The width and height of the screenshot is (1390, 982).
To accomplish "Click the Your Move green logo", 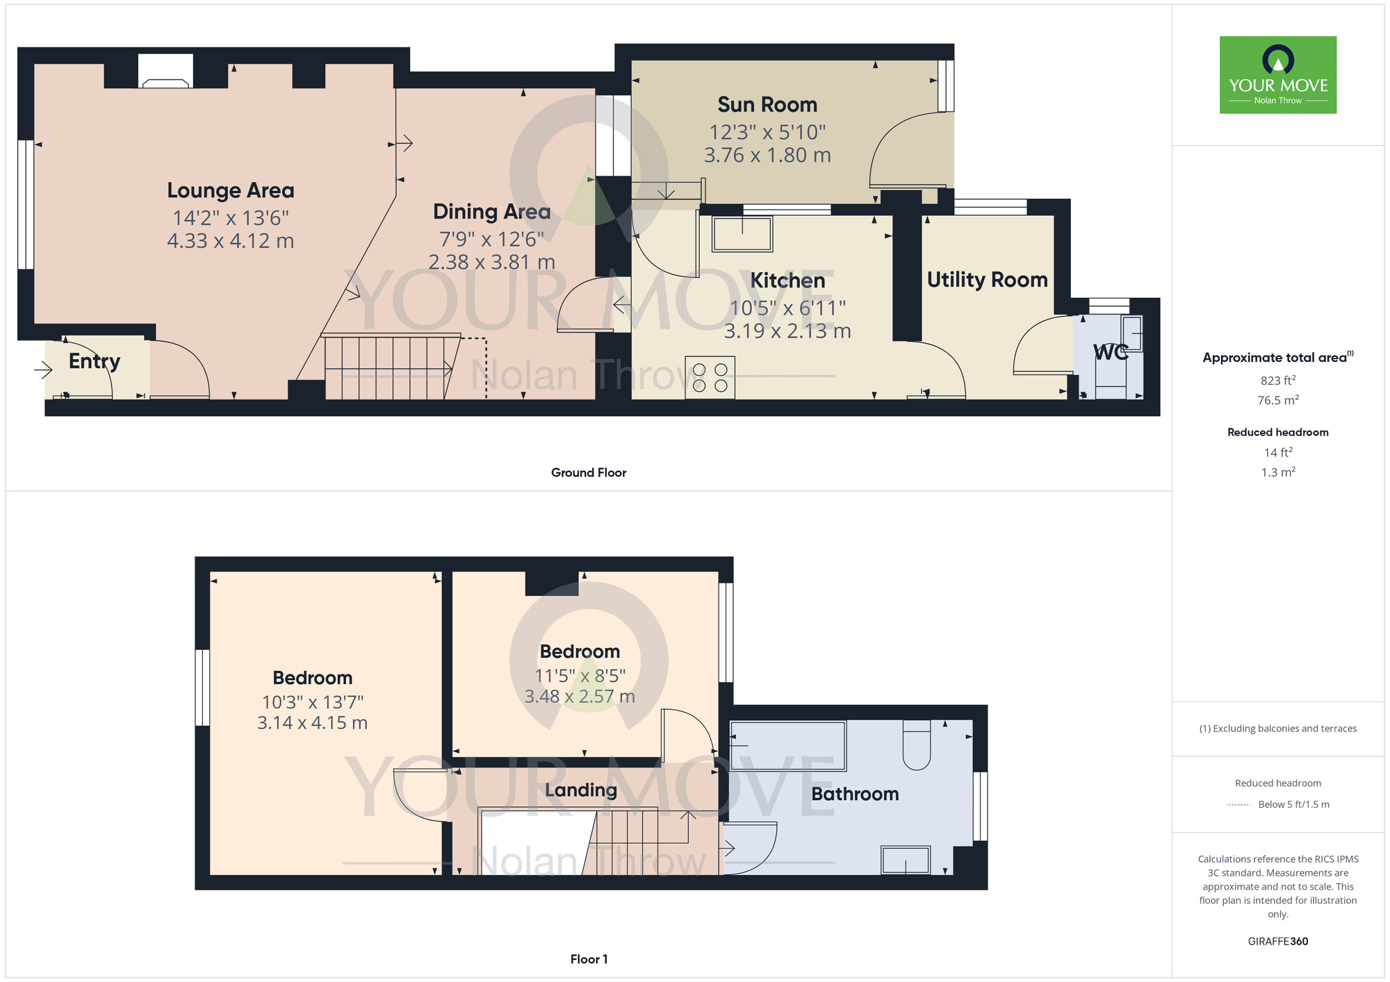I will pos(1277,75).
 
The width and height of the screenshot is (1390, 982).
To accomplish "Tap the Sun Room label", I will pos(767,105).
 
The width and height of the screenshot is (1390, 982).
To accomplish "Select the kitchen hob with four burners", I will pos(710,377).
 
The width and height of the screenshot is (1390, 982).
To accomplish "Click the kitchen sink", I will pos(742,233).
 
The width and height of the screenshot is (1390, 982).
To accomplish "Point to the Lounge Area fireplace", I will pos(165,72).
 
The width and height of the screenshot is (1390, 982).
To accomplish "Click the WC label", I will pos(1110,353).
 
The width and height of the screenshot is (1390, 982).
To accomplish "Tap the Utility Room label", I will pos(987,280).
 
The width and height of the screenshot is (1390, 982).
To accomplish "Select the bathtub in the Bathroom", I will pos(787,746).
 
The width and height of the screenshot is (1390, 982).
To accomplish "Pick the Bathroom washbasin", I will pos(905,860).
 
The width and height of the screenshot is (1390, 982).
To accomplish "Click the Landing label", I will pos(580,790).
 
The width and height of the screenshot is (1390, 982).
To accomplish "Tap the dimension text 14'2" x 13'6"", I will pos(230,218).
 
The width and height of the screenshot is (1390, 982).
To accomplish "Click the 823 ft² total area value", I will pos(1277,381).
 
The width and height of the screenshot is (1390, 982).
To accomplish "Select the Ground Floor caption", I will pos(588,473).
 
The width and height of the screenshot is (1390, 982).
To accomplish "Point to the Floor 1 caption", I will pos(588,959).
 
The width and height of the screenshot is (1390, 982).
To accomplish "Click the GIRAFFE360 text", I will pos(1277,942).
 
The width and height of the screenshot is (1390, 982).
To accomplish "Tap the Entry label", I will pos(95,361).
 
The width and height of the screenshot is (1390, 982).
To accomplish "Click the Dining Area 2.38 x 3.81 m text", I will pos(491,263).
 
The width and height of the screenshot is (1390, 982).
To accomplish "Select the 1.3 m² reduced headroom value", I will pos(1277,472).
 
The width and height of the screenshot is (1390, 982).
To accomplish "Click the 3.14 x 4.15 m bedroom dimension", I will pos(312,723).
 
